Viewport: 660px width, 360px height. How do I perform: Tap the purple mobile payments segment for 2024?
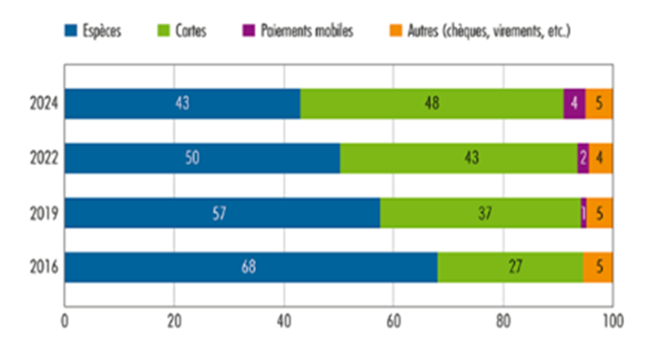[x=574, y=104]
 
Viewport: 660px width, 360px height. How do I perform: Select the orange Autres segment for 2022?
[x=601, y=159]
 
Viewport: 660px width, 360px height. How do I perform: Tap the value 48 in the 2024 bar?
[x=432, y=104]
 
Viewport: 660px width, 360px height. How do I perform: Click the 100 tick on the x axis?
[x=612, y=320]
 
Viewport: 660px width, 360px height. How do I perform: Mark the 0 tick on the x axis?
[x=65, y=320]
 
